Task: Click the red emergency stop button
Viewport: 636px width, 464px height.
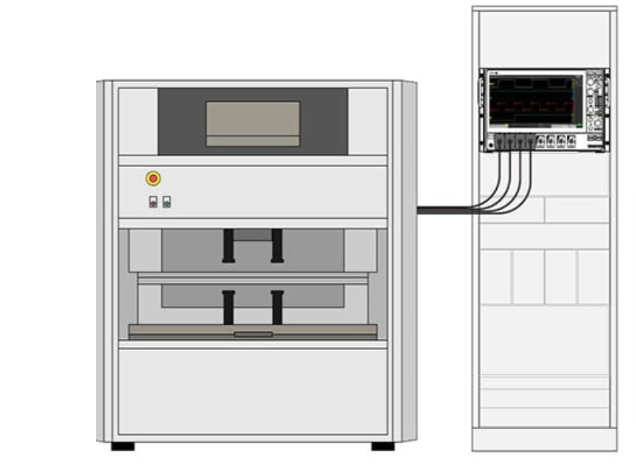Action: pos(153,178)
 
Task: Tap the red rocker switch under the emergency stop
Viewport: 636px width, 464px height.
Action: pos(153,202)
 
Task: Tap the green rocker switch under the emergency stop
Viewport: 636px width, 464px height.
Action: pos(166,202)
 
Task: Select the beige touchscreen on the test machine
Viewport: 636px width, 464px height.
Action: pos(252,123)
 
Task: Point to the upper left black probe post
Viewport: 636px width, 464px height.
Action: pos(228,246)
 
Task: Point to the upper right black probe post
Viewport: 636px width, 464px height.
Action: pos(277,246)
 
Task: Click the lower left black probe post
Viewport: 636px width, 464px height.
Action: pos(228,307)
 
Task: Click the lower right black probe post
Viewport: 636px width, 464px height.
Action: pos(277,307)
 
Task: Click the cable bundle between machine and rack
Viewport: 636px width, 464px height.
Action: pos(443,210)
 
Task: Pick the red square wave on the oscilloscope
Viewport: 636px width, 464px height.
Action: pos(533,107)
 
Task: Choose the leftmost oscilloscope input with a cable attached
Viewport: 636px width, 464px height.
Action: pos(500,141)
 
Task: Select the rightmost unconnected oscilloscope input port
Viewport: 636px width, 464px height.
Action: pos(571,141)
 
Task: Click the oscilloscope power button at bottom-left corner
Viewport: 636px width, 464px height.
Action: pos(490,142)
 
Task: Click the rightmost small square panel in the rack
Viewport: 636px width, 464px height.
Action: pos(593,277)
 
